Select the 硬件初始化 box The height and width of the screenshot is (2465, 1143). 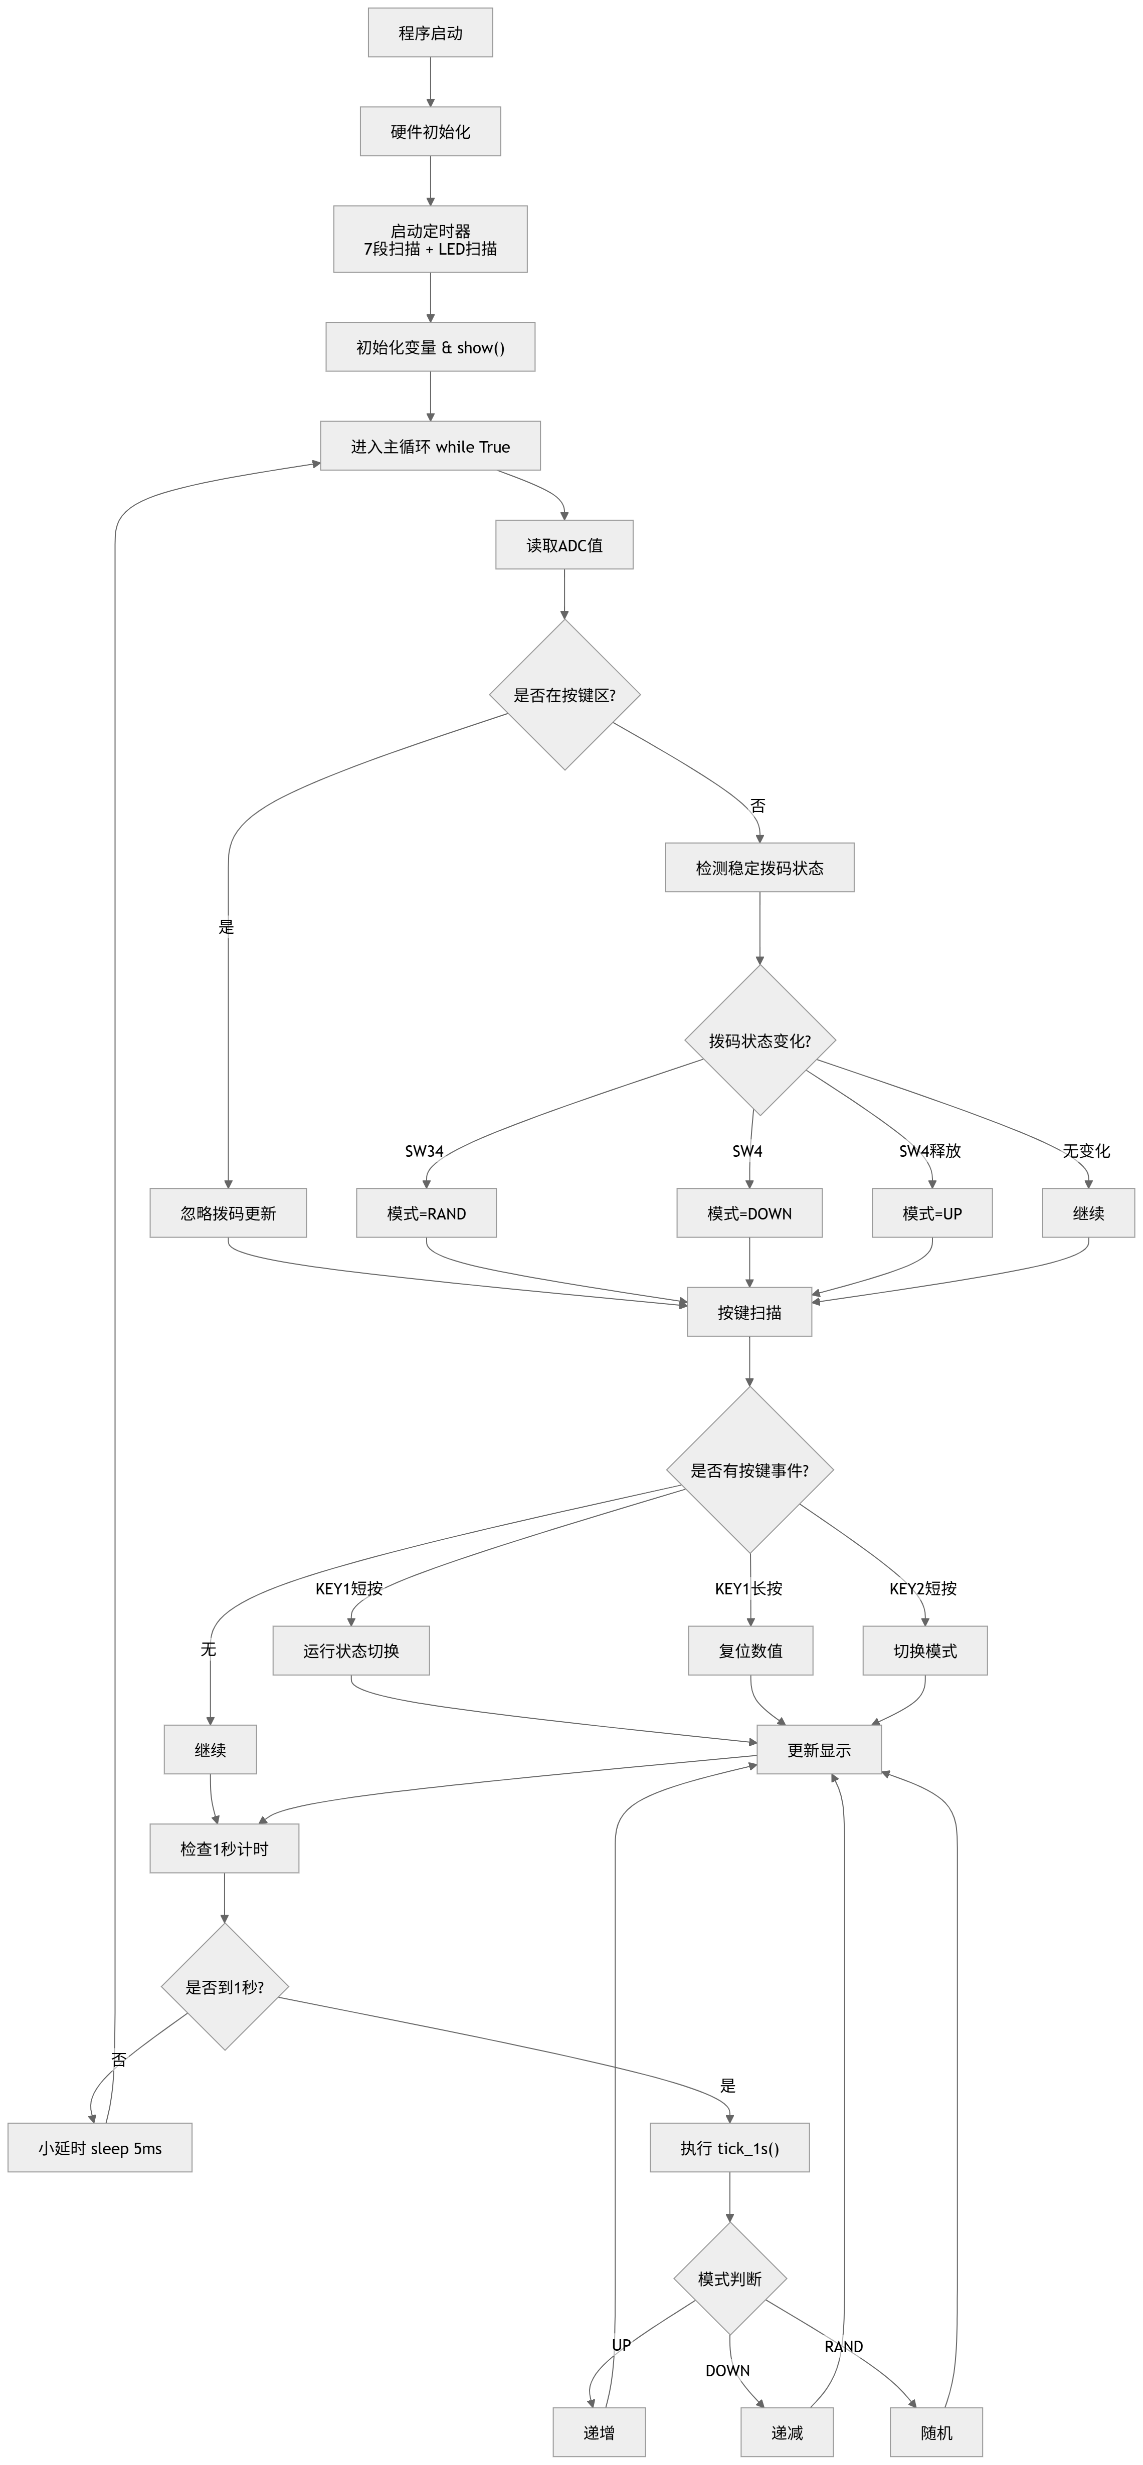[x=430, y=132]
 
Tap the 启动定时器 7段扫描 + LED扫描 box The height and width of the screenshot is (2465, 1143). [x=430, y=239]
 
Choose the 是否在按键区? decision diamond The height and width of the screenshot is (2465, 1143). [x=564, y=695]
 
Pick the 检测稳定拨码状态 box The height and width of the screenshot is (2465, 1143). [x=759, y=868]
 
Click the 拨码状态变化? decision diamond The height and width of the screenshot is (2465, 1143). [x=759, y=1040]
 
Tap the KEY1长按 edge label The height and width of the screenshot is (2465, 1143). [x=748, y=1588]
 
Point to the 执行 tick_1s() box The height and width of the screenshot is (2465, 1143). [x=729, y=2148]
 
